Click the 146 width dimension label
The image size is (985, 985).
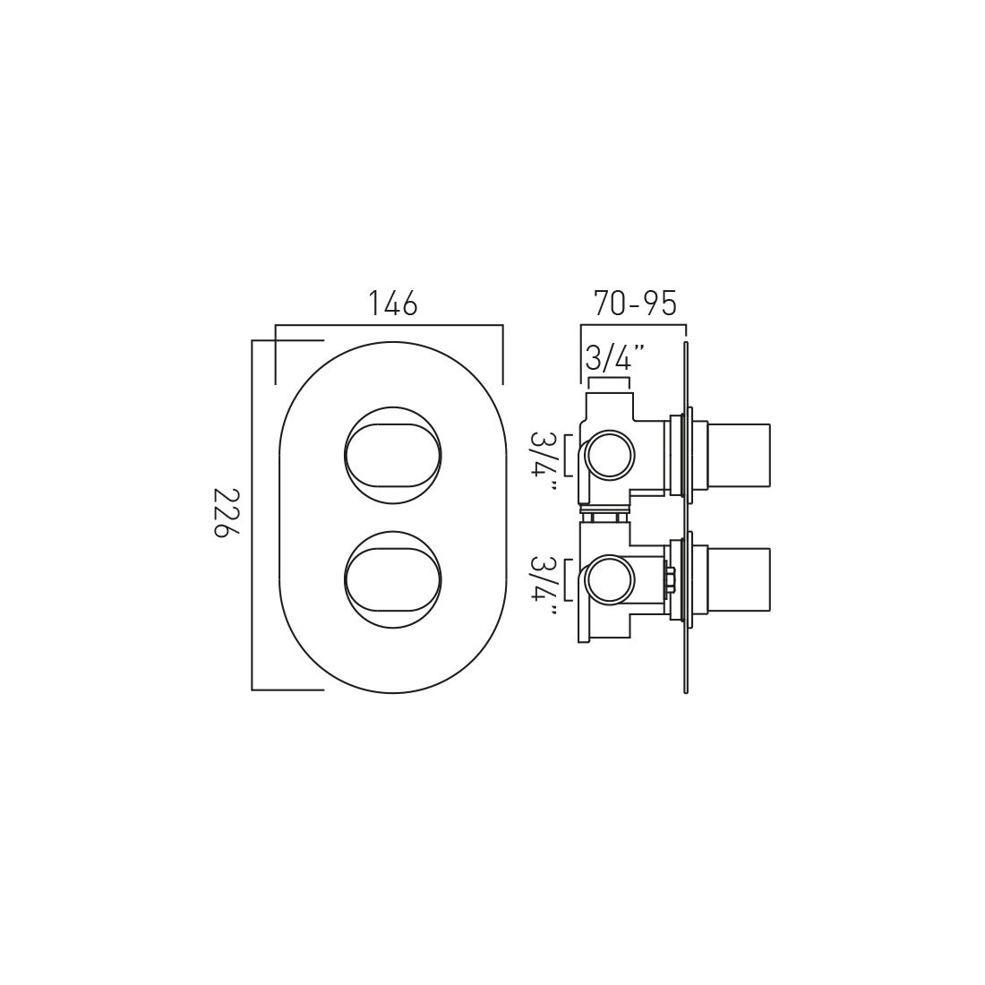click(393, 304)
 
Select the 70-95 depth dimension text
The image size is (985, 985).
click(634, 304)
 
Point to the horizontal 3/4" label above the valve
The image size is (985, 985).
click(615, 360)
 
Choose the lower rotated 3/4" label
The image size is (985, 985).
click(544, 585)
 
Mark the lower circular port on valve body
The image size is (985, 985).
click(609, 581)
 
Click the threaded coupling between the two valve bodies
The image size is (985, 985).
click(606, 516)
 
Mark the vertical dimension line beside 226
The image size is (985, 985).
click(253, 515)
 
